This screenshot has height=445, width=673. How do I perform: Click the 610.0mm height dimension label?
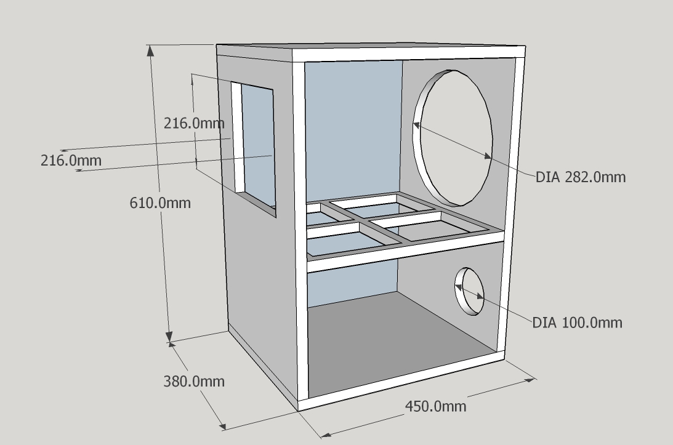click(x=160, y=202)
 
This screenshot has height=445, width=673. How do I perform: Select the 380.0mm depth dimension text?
click(x=194, y=381)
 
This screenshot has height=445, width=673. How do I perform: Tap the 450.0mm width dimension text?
click(x=436, y=406)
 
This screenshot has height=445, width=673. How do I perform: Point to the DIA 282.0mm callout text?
click(x=581, y=177)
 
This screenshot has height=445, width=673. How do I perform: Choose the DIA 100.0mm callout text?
click(x=578, y=323)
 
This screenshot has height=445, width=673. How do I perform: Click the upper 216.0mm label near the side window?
click(x=194, y=124)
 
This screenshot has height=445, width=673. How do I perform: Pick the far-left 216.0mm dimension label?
click(x=71, y=161)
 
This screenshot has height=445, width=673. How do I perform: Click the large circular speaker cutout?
click(x=453, y=138)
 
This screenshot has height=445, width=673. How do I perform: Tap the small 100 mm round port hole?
click(x=470, y=292)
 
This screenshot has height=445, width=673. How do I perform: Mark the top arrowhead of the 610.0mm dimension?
click(x=150, y=50)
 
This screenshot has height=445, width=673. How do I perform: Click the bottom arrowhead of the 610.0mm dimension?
click(x=169, y=337)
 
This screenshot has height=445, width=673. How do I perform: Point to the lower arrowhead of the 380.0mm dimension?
click(x=222, y=425)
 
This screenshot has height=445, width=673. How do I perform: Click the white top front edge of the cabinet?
click(x=409, y=54)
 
